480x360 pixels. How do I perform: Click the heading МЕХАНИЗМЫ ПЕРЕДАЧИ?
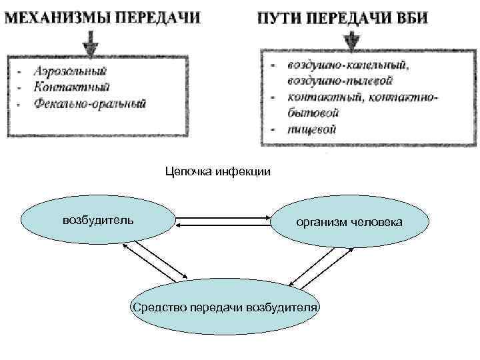click(x=103, y=17)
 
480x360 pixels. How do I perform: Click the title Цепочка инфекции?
click(x=218, y=173)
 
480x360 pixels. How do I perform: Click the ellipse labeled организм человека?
click(x=349, y=222)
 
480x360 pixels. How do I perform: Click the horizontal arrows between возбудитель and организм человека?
click(x=225, y=221)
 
